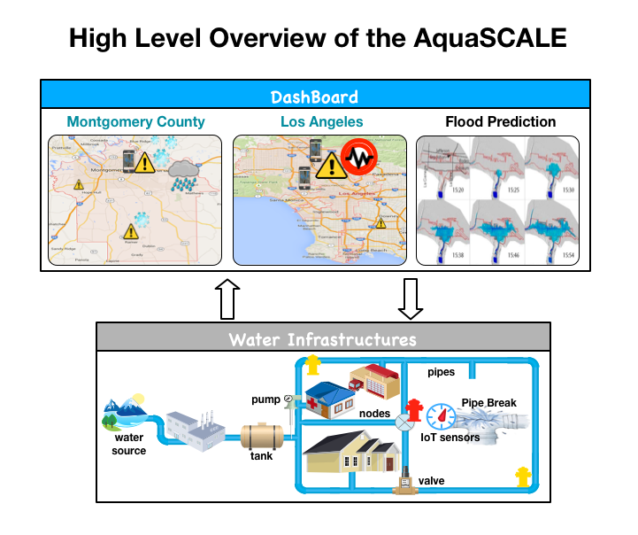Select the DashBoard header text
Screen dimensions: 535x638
[314, 97]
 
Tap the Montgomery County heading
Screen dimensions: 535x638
[135, 122]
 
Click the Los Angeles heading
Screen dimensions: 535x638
[321, 122]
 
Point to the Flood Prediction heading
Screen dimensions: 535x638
[500, 122]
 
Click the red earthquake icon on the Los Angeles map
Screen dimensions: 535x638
[360, 158]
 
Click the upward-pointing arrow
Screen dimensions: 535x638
[227, 299]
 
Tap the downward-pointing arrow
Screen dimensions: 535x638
[410, 299]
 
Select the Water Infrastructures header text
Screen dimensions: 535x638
[321, 339]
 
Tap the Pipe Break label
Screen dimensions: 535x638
[488, 403]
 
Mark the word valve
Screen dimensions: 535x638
[431, 481]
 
